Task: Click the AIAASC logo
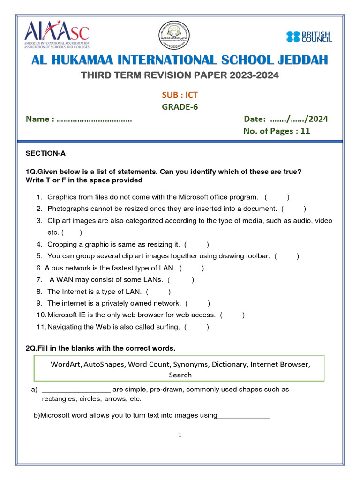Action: click(57, 35)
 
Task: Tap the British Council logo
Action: click(309, 37)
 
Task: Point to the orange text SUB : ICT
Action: click(180, 95)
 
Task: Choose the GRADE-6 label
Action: click(180, 107)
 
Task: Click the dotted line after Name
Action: click(94, 120)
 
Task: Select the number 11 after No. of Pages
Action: click(305, 131)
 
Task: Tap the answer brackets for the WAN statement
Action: click(180, 280)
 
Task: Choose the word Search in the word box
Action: click(180, 375)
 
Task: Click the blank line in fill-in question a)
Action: click(76, 390)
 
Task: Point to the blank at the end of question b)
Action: click(244, 416)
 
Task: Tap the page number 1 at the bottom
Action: click(180, 435)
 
